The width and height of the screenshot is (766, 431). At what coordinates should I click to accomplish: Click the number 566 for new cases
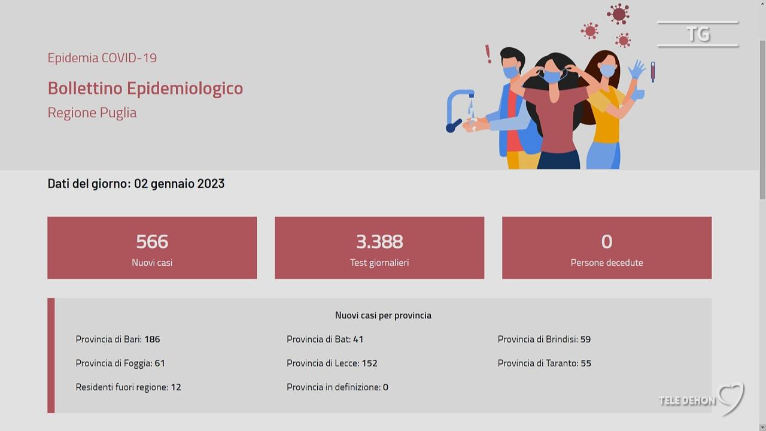[x=152, y=241]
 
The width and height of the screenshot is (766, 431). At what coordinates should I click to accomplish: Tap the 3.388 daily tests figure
[x=379, y=241]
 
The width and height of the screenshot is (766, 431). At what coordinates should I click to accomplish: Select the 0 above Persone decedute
[x=607, y=241]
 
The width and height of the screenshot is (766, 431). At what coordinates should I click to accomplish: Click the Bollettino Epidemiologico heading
[x=145, y=89]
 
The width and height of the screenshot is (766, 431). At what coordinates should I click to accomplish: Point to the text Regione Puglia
[x=92, y=113]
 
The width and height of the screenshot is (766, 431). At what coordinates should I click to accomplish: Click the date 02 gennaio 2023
[x=179, y=184]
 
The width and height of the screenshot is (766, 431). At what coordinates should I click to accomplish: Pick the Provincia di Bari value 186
[x=152, y=339]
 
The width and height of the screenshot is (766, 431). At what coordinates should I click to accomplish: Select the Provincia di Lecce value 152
[x=369, y=363]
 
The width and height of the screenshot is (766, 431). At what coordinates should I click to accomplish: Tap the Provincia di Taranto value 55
[x=586, y=363]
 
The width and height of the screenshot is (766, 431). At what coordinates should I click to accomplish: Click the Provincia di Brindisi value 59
[x=585, y=339]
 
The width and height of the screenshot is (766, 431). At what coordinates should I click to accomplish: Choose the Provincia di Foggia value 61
[x=160, y=363]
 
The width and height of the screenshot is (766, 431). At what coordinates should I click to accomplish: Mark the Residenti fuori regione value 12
[x=176, y=387]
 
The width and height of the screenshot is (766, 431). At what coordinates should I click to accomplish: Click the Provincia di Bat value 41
[x=358, y=339]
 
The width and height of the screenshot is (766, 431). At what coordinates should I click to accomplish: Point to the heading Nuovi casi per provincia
[x=383, y=315]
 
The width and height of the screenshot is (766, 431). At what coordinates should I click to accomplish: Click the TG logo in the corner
[x=698, y=34]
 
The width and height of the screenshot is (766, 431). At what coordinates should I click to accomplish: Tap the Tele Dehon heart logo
[x=732, y=398]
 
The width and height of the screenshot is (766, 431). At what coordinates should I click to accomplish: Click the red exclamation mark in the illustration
[x=488, y=54]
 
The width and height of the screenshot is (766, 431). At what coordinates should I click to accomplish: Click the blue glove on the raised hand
[x=636, y=70]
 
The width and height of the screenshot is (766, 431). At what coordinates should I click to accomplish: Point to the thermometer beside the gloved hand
[x=653, y=72]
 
